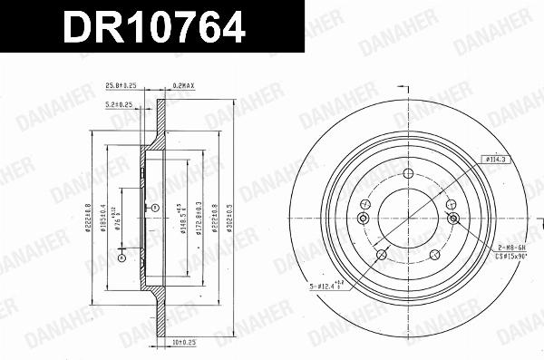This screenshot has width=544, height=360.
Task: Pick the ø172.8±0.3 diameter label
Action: (199, 219)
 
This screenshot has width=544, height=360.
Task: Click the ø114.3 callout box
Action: (494, 160)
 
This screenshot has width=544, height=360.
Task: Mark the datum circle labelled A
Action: (154, 209)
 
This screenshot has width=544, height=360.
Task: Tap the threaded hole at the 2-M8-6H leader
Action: (452, 219)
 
